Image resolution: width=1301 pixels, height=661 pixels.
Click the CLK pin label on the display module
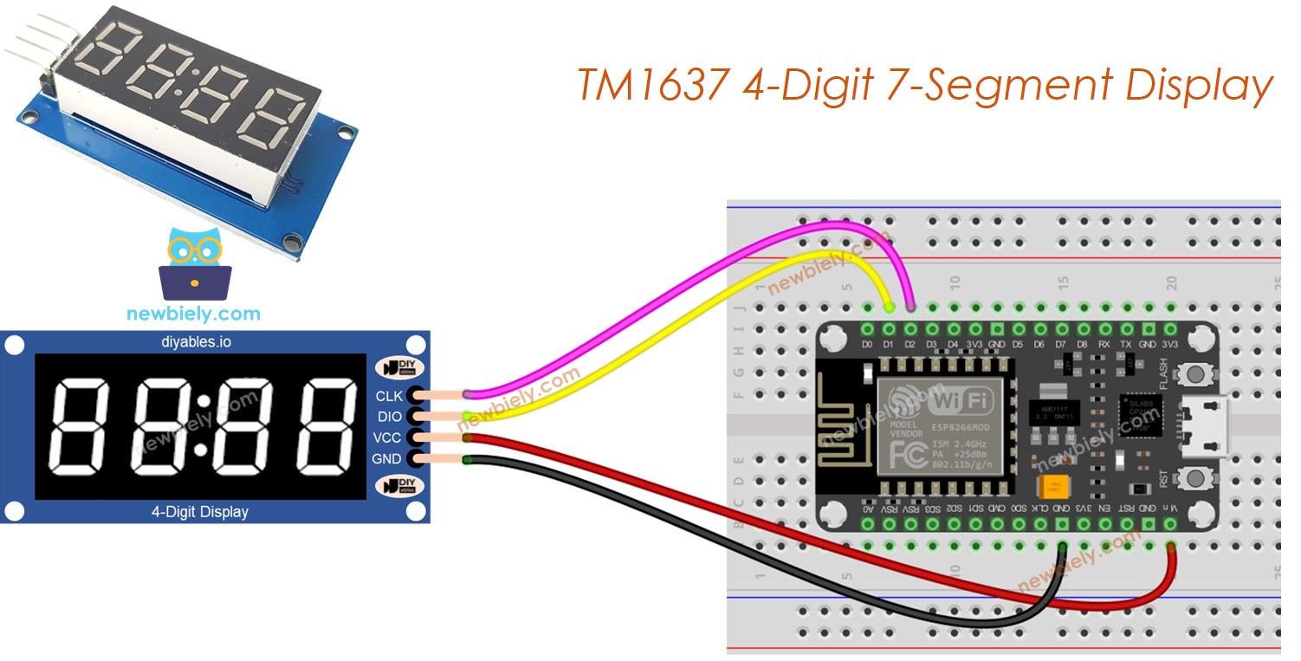pos(389,396)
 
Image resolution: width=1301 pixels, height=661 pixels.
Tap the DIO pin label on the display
pos(389,417)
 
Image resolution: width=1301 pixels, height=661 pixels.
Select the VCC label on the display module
pos(387,437)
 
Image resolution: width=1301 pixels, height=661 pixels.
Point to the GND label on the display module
pos(387,458)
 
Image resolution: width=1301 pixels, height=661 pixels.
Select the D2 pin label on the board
pos(910,346)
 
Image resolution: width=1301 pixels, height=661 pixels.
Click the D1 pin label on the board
pos(889,346)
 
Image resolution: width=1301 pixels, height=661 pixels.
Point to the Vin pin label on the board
pos(1169,509)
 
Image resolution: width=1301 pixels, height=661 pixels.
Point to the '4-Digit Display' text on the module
pos(200,512)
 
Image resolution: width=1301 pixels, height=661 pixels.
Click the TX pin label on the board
pos(1126,346)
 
